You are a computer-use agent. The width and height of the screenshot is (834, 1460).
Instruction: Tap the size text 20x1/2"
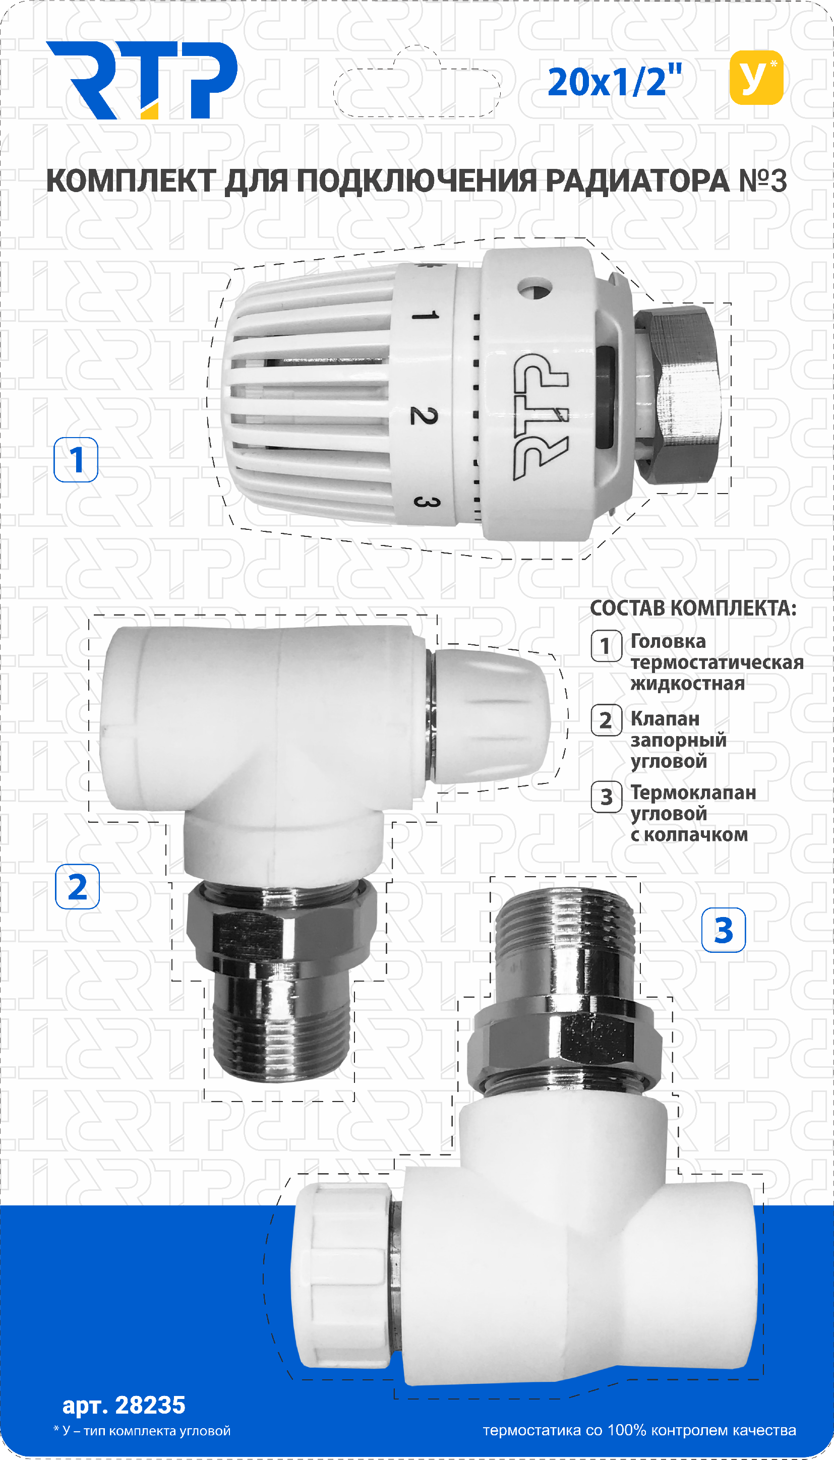click(x=614, y=82)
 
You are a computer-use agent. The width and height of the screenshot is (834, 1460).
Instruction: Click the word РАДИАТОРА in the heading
click(x=636, y=181)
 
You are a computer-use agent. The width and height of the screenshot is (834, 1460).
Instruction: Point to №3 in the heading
click(x=762, y=181)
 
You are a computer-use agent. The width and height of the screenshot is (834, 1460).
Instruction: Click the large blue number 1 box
click(x=76, y=460)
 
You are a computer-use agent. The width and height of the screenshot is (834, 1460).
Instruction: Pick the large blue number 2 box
click(x=77, y=886)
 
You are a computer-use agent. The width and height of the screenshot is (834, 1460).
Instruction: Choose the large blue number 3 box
click(x=723, y=930)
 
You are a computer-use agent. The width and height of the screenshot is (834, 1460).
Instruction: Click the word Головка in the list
click(x=668, y=641)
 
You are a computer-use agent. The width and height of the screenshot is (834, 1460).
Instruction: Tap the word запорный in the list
click(x=678, y=740)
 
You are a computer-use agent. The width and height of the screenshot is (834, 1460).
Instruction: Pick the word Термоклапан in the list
click(x=693, y=793)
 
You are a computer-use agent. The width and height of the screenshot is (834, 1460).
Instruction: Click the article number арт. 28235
click(x=124, y=1405)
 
